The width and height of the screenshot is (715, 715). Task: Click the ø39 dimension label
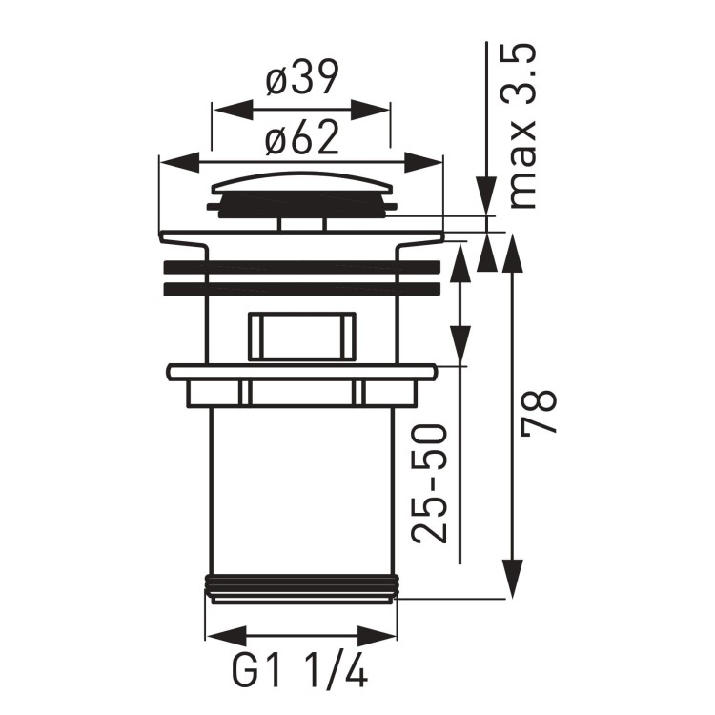click(301, 82)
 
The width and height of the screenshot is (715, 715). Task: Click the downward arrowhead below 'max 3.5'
click(487, 200)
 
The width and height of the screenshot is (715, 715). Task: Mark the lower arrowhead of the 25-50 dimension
click(461, 345)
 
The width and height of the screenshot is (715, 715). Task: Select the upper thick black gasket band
click(301, 267)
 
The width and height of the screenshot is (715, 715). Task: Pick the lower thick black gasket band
click(301, 288)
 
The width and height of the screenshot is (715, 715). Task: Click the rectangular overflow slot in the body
click(301, 336)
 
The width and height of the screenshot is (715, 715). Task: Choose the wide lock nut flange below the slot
click(301, 372)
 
